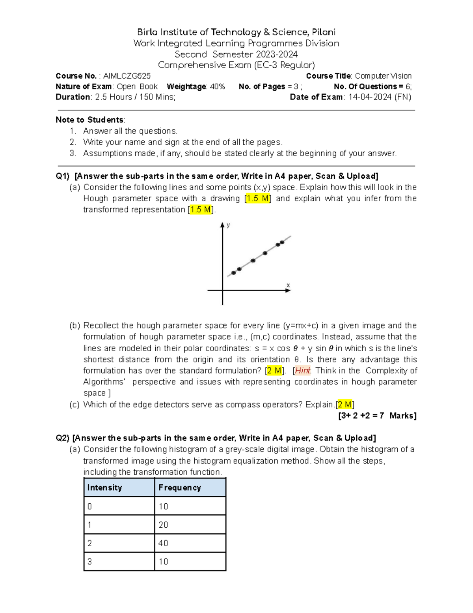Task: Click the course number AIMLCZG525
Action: click(x=127, y=76)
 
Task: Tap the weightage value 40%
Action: click(x=217, y=86)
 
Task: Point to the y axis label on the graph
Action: click(x=228, y=225)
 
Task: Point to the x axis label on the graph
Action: click(x=288, y=285)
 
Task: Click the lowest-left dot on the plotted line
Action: click(x=234, y=273)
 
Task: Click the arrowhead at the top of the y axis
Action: click(x=222, y=225)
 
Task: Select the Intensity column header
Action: click(x=104, y=487)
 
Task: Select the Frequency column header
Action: click(x=180, y=487)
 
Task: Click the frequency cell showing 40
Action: click(x=163, y=543)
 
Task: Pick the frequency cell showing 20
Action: click(x=163, y=525)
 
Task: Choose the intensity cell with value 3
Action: click(x=89, y=562)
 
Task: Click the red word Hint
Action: click(x=303, y=371)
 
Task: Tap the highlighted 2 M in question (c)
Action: click(x=345, y=405)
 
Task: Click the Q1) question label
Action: click(x=62, y=176)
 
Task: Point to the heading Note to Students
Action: click(x=89, y=120)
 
